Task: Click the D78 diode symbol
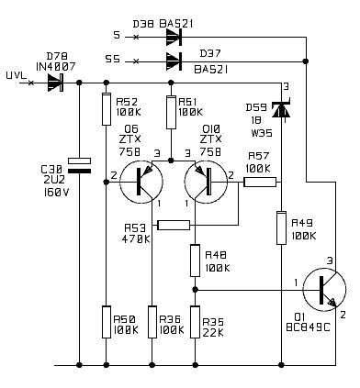[x=55, y=83]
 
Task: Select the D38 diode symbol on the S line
[x=174, y=37]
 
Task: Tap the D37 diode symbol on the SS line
[x=174, y=61]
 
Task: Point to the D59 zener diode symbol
[x=281, y=109]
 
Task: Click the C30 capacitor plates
[x=79, y=165]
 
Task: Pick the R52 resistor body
[x=107, y=109]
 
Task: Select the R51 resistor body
[x=171, y=112]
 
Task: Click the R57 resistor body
[x=260, y=183]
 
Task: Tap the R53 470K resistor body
[x=174, y=226]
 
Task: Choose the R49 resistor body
[x=281, y=227]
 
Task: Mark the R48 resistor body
[x=195, y=261]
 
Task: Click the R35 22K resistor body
[x=195, y=322]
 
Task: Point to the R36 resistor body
[x=152, y=322]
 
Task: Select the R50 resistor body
[x=107, y=322]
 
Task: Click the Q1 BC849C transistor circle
[x=324, y=290]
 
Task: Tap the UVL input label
[x=17, y=75]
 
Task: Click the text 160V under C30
[x=57, y=193]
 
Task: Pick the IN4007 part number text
[x=56, y=67]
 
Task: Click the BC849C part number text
[x=309, y=327]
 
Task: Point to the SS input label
[x=113, y=59]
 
